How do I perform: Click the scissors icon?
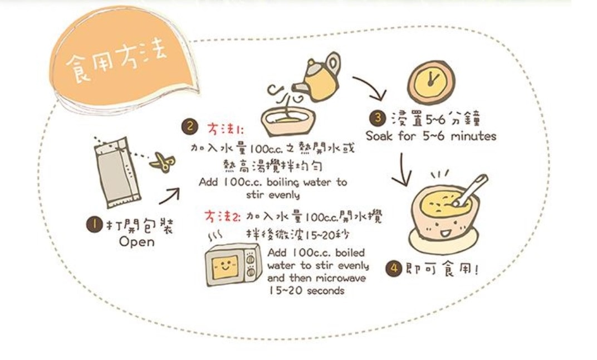pos(163,163)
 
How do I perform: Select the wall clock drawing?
pos(431,82)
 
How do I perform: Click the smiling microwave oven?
pos(233,264)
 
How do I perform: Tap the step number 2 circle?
pos(189,127)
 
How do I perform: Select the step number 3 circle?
pos(378,118)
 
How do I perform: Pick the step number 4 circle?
pos(394,268)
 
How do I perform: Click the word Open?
pos(136,242)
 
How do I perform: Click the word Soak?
pos(379,136)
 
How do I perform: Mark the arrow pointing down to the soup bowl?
pos(402,169)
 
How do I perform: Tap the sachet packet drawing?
pos(116,173)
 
